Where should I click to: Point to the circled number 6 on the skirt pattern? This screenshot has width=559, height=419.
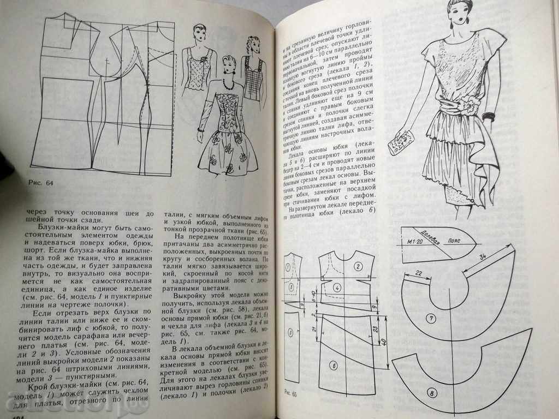[x=335, y=366]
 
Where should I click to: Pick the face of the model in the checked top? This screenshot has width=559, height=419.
[x=253, y=47]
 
